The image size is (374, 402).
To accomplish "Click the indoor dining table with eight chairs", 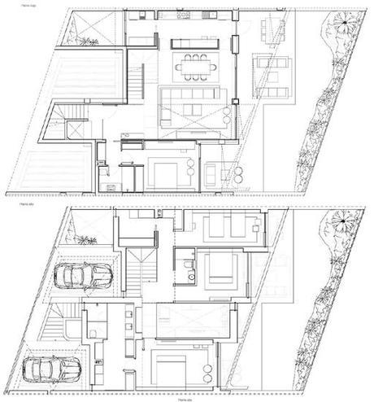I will tap(195, 67).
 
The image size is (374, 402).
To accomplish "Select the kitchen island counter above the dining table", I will tap(193, 42).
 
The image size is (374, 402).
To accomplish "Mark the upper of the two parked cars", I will tap(83, 276).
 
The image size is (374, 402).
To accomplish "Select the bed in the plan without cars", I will tap(167, 173).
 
